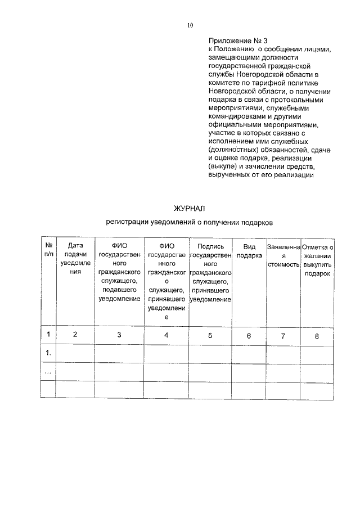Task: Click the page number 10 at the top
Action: click(x=190, y=25)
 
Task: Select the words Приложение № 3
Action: click(x=231, y=41)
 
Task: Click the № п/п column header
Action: click(x=49, y=250)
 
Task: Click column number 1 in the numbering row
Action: click(x=49, y=335)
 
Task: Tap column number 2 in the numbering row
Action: click(x=75, y=335)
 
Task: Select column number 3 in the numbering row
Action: click(x=119, y=335)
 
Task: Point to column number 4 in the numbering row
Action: click(x=166, y=335)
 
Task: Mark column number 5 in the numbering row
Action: click(x=210, y=335)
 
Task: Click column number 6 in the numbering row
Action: click(x=249, y=336)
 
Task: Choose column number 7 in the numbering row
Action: click(x=283, y=336)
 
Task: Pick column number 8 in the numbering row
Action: click(x=317, y=336)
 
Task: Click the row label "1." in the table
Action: click(x=49, y=353)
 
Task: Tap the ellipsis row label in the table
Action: click(x=48, y=371)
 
